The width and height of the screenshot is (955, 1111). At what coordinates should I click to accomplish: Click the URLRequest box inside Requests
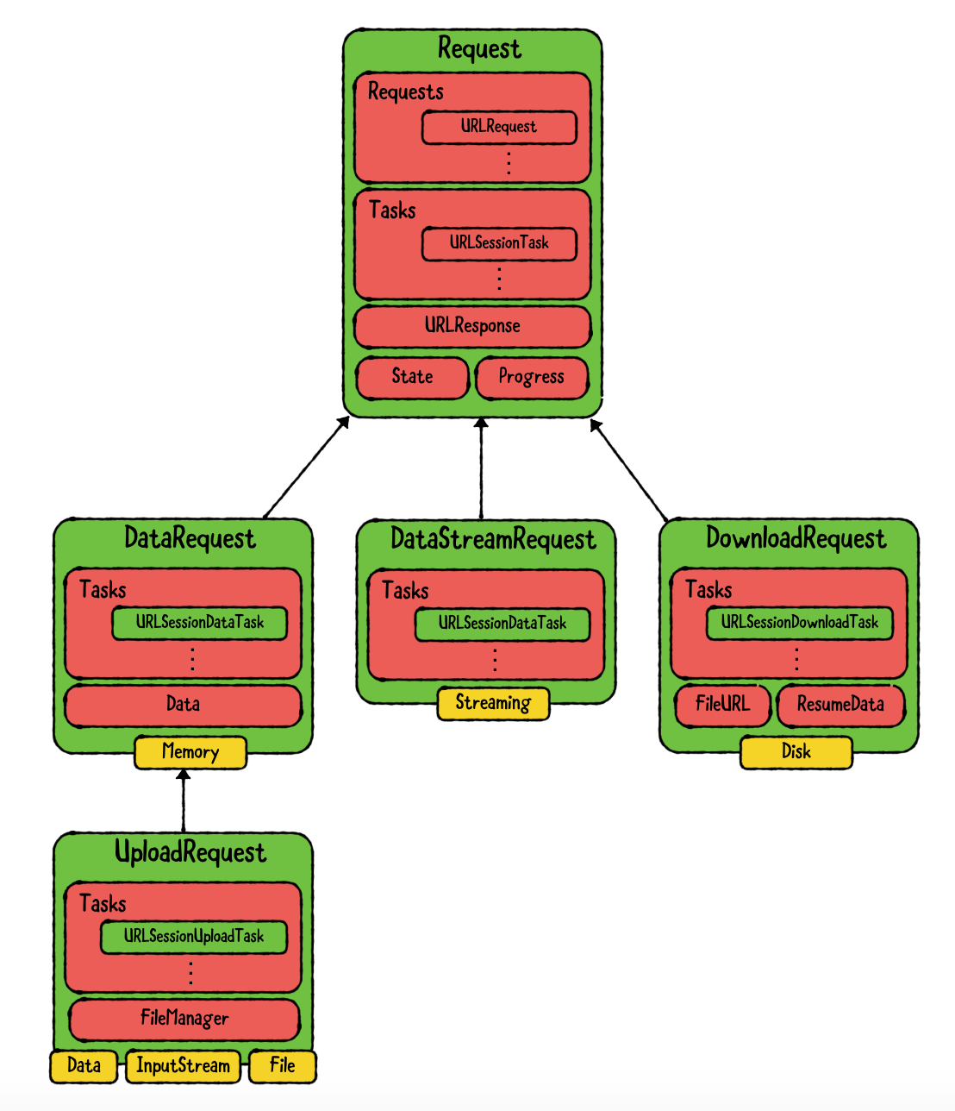pos(498,127)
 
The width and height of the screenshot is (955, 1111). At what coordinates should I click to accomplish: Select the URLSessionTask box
pos(498,243)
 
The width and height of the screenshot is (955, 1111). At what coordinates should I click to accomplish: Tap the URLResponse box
pos(472,326)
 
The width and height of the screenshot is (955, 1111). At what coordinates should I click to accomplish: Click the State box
pos(412,377)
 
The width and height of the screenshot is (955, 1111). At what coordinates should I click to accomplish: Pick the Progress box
pos(531,377)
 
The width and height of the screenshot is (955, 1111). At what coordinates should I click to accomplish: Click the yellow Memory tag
pos(190,752)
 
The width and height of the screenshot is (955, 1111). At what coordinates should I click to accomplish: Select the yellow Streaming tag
pos(493,703)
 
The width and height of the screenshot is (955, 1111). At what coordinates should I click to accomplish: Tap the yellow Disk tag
pos(796,752)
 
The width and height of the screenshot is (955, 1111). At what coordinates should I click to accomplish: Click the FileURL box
pos(722,705)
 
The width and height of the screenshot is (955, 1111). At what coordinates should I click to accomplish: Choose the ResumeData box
pos(840,705)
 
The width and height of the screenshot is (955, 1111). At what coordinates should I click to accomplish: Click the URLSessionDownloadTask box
pos(799,622)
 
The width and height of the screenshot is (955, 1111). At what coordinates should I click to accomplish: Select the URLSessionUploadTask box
pos(193,936)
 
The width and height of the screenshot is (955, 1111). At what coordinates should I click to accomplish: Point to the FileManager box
pos(184,1019)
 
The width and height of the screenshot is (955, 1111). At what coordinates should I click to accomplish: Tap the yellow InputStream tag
pos(183,1066)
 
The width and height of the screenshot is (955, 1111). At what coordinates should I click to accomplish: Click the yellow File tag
pos(282,1066)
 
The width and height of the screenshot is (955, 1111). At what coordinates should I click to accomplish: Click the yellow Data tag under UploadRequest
pos(84,1066)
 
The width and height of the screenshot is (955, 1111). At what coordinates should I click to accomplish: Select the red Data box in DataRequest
pos(183,705)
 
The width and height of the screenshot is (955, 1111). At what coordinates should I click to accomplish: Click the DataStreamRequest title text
pos(492,539)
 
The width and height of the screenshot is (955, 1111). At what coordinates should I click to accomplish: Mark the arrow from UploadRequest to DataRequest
pos(183,800)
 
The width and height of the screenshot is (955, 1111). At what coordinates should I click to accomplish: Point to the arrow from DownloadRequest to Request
pos(629,470)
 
